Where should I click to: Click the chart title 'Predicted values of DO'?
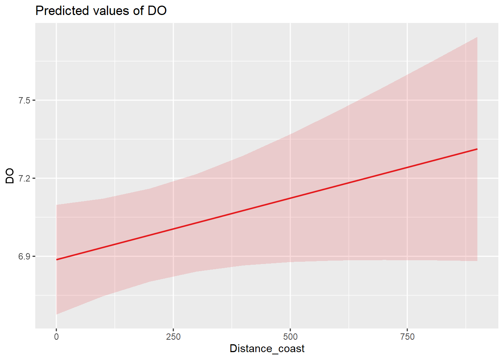(101, 10)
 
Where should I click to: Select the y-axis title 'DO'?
(10, 176)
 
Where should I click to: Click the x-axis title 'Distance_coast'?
(267, 349)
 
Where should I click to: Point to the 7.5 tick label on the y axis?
(25, 100)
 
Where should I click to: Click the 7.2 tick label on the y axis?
(25, 178)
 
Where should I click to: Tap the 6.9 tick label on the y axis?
(25, 256)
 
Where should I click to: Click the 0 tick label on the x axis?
(56, 337)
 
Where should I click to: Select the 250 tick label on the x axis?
(173, 337)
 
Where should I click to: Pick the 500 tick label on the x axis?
(290, 337)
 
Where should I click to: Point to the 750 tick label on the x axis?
(407, 337)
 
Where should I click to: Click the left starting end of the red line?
(57, 259)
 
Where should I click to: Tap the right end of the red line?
(477, 149)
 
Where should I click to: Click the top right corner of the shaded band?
(477, 37)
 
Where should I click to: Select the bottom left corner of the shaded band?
(57, 314)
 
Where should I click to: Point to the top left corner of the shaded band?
(57, 205)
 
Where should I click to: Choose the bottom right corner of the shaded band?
(477, 261)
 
